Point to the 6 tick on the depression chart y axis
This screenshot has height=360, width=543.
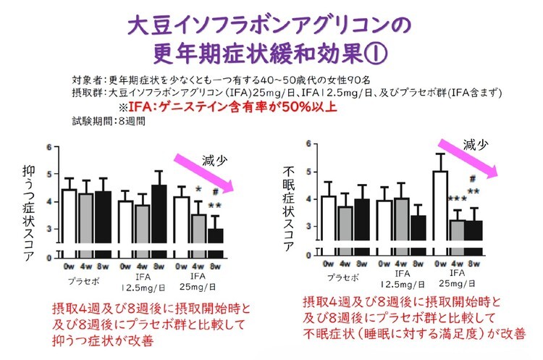click(x=49, y=147)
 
